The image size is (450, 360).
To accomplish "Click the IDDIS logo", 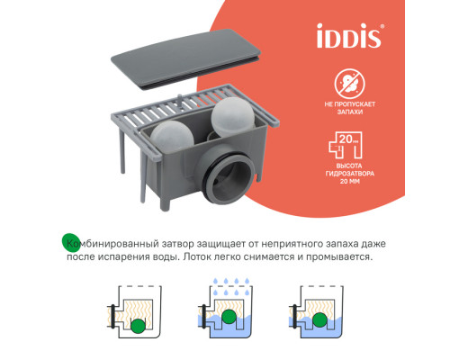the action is click(350, 35).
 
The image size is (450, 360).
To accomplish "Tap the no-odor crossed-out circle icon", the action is click(350, 84).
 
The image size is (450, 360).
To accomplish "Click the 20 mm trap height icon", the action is click(346, 145).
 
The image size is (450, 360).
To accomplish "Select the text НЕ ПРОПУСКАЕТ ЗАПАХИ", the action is click(350, 108).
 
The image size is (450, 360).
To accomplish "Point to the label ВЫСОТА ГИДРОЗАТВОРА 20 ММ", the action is click(350, 174).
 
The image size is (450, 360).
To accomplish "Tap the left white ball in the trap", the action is click(172, 137).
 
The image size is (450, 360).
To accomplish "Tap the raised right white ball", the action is click(233, 117).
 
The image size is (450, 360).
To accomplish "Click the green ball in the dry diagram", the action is click(138, 326).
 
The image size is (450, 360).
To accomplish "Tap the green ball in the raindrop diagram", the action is click(229, 316).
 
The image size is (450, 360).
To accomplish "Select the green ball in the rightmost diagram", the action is click(319, 319).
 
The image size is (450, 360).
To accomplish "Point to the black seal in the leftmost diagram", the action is click(112, 316).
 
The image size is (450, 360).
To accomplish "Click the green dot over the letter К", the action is click(71, 242).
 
